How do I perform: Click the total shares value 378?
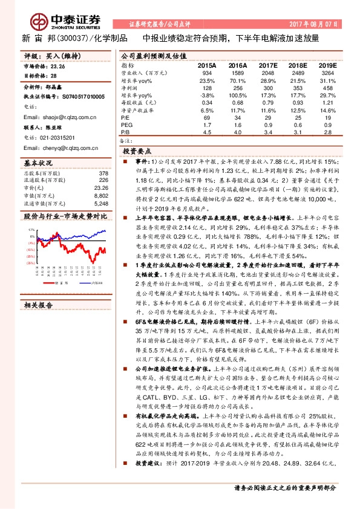103,172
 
